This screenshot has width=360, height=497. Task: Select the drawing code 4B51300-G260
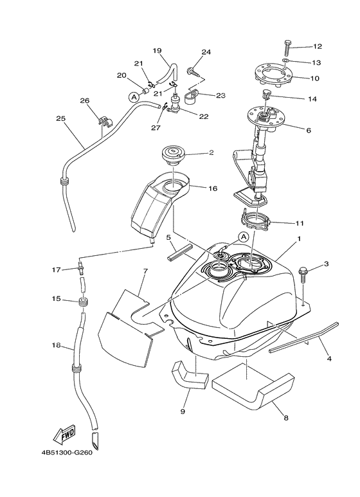(67, 453)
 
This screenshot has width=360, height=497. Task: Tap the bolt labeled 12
(288, 47)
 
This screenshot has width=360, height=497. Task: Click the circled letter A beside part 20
(134, 98)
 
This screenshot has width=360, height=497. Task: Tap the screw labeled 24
(193, 71)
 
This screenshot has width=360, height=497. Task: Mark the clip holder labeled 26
(105, 122)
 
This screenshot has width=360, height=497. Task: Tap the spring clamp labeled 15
(83, 302)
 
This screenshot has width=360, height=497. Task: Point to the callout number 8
(286, 418)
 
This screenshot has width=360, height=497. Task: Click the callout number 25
(61, 118)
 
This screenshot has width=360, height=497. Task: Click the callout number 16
(213, 188)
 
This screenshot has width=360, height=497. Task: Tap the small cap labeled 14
(265, 94)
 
